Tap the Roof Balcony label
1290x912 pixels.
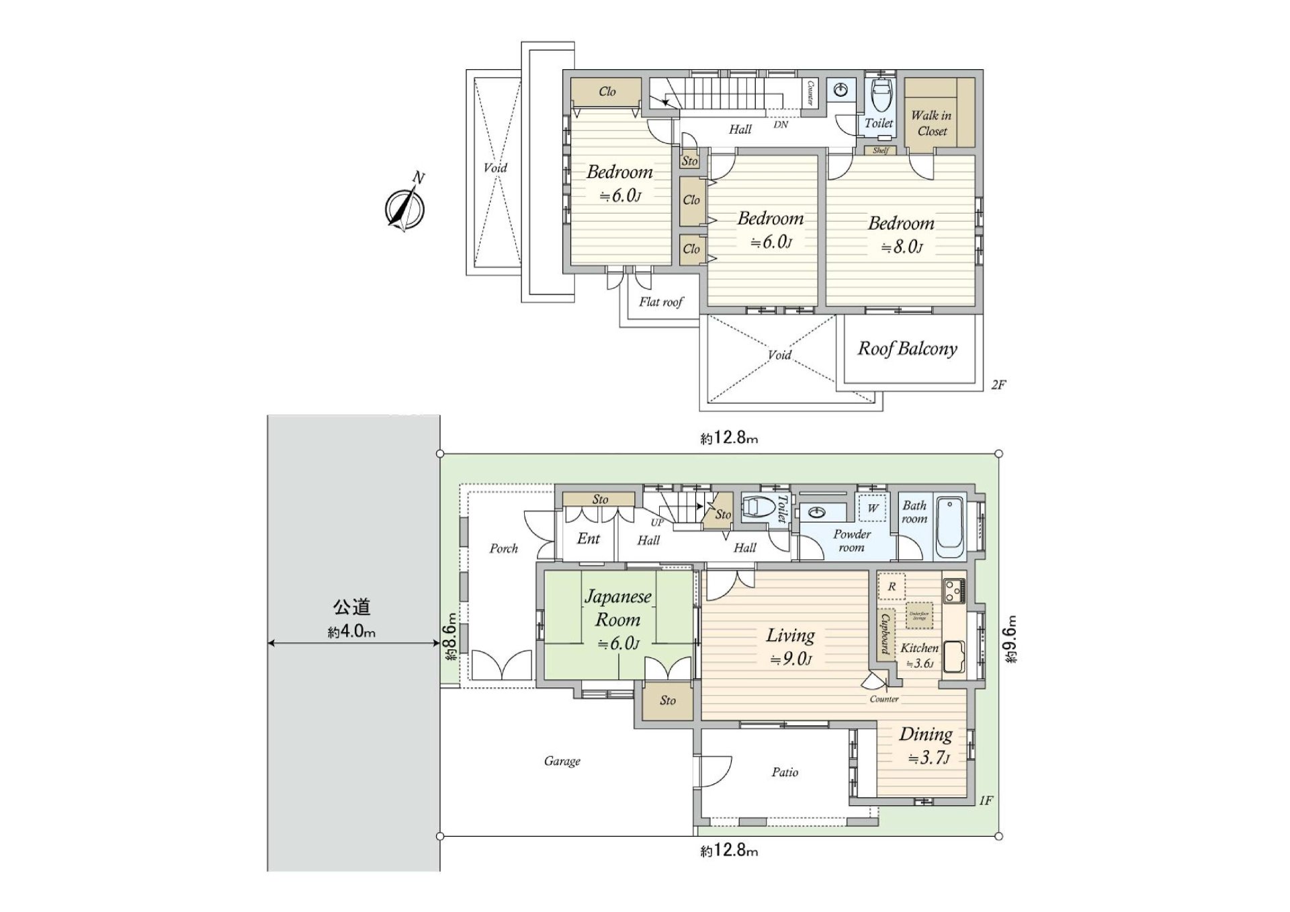point(907,349)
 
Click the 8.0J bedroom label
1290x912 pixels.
point(901,235)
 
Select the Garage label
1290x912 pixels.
point(562,761)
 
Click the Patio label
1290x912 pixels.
point(785,772)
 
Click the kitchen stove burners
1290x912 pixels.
point(953,591)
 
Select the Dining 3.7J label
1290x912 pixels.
point(926,745)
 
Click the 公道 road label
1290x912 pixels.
point(352,607)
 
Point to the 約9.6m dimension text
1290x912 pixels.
point(1011,639)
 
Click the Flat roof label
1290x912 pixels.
point(660,302)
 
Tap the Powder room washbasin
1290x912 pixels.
point(817,513)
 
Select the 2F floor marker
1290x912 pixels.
point(998,385)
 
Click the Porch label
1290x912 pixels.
point(503,548)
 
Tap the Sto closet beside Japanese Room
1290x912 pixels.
point(667,700)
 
